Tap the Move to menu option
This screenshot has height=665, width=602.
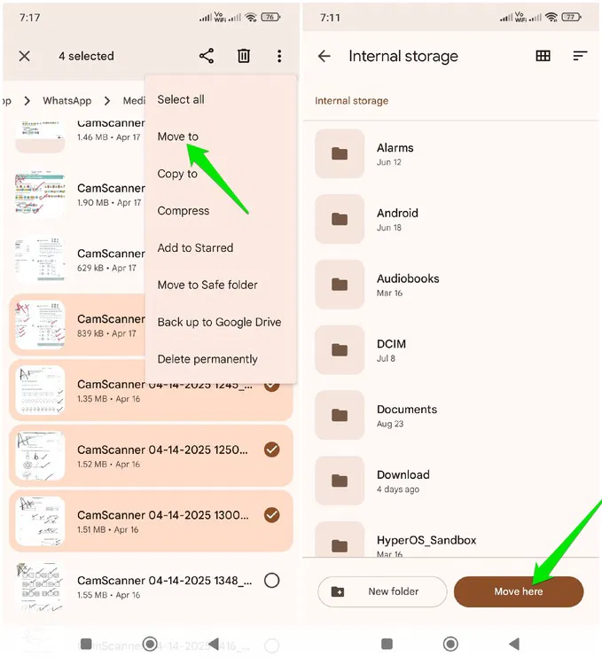(178, 137)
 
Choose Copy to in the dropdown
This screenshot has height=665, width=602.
(177, 174)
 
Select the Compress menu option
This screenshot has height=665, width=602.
(184, 211)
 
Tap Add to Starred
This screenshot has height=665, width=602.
(195, 248)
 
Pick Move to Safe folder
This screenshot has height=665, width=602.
(207, 285)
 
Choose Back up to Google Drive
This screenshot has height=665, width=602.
(219, 322)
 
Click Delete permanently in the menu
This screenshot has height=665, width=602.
(207, 359)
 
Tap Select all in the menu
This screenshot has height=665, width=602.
(181, 99)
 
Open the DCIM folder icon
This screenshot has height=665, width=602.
(340, 349)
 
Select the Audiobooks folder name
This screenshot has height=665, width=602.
(408, 278)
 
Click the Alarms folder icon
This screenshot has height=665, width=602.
(340, 153)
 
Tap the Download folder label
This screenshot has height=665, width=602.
(403, 475)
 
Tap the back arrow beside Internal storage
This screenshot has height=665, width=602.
(324, 56)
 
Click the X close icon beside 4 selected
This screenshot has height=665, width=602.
(25, 56)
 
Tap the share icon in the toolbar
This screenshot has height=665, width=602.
(207, 56)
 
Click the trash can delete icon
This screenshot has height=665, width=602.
(244, 56)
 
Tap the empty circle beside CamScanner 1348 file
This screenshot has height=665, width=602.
(272, 580)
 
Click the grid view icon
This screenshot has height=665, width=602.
(543, 56)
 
